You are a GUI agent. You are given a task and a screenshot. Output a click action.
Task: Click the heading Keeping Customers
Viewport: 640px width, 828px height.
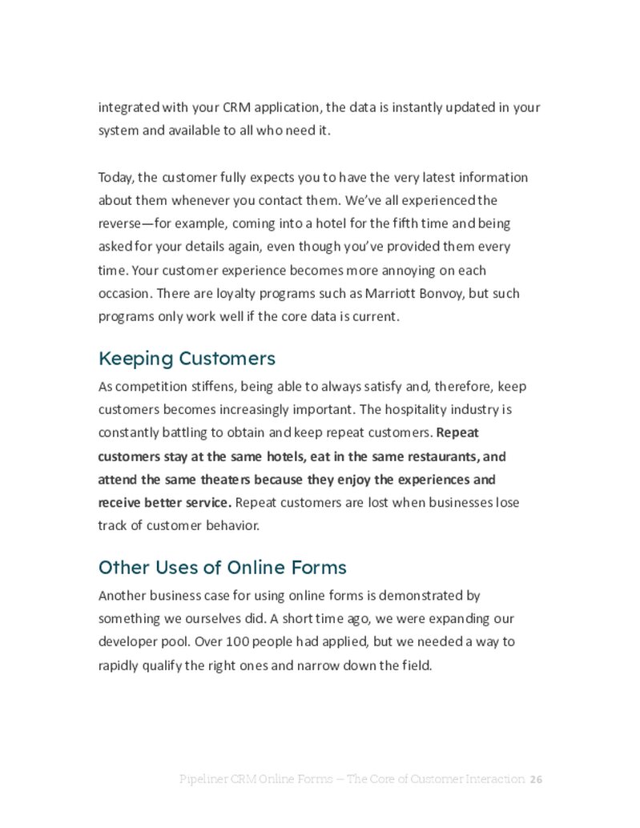pyautogui.click(x=187, y=358)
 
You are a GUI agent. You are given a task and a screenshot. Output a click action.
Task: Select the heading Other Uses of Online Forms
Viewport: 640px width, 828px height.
pyautogui.click(x=222, y=568)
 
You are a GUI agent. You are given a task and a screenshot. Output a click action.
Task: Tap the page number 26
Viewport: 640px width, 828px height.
pyautogui.click(x=537, y=779)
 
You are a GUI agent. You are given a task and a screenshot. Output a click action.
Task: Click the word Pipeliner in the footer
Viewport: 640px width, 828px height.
pyautogui.click(x=206, y=779)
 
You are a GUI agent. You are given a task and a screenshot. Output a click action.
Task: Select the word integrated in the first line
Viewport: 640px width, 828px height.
pyautogui.click(x=127, y=107)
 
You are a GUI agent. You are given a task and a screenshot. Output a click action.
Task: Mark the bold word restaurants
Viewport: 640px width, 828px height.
pyautogui.click(x=437, y=456)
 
